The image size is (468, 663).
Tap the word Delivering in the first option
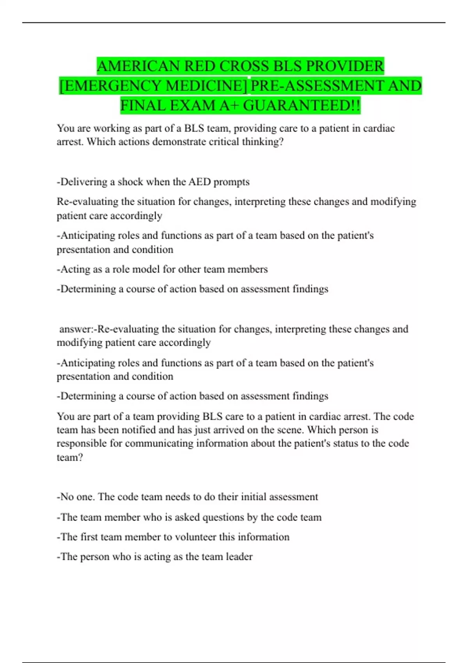[82, 182]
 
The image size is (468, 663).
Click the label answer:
[76, 329]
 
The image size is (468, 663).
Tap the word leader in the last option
[239, 557]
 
